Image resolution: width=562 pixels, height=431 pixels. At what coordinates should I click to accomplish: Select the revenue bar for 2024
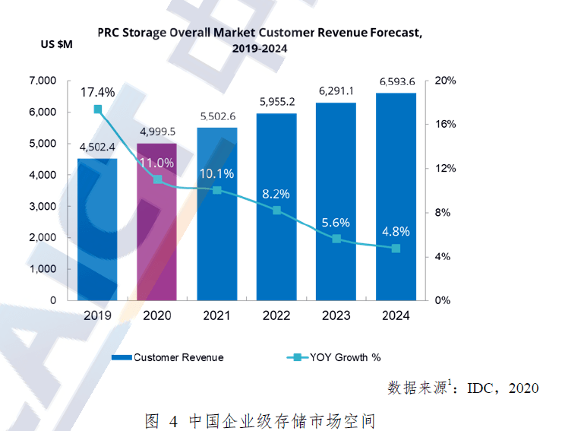pos(396,198)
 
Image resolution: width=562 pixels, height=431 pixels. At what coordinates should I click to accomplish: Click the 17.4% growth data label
pos(98,92)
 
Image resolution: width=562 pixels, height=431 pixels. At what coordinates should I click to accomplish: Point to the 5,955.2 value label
pos(277,102)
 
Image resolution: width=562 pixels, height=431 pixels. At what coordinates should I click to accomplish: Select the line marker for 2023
pos(336,239)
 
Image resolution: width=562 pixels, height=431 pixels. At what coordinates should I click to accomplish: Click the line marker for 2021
pos(217,189)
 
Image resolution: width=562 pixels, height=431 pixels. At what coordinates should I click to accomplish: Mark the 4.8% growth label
pos(396,232)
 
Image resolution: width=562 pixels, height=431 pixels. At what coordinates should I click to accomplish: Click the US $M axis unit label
pos(56,43)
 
